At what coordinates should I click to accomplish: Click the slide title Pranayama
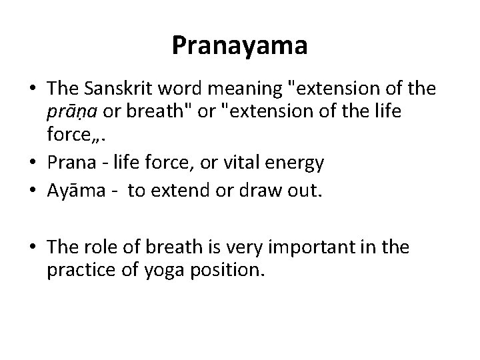[239, 45]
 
